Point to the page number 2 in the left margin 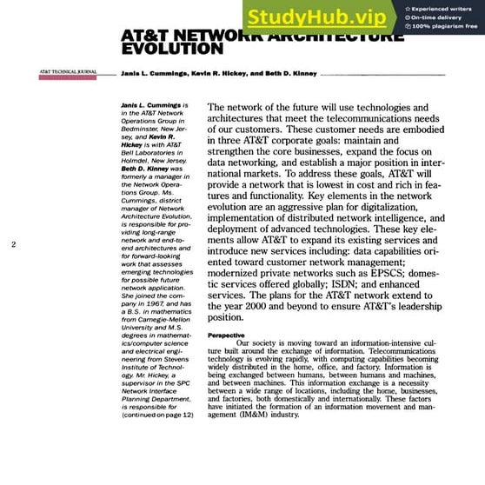tap(14, 244)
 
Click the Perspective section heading tap(226, 335)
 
